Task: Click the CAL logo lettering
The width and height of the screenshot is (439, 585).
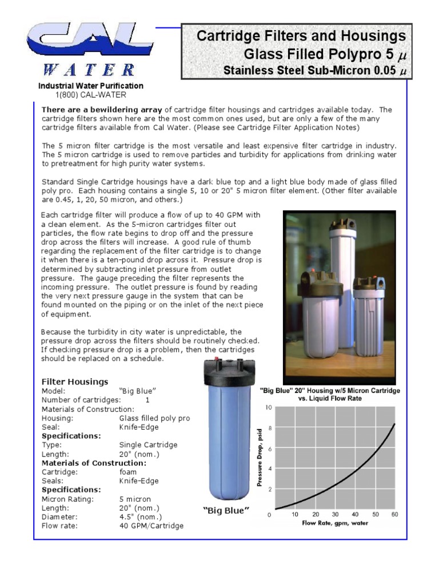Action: [x=89, y=43]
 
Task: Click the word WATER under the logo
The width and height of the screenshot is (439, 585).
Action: [x=89, y=70]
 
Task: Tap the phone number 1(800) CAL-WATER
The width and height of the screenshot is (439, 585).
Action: [x=90, y=95]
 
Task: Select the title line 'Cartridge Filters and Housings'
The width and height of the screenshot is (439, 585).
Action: [x=301, y=37]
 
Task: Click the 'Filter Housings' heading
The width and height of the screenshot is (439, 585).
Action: [x=75, y=382]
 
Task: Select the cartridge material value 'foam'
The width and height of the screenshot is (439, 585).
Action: [x=128, y=472]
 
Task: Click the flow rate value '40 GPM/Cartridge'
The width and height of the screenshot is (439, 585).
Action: [x=151, y=526]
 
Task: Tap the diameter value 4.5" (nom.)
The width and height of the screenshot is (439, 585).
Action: [x=141, y=516]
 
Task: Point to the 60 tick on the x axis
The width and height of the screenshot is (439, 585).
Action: [x=394, y=515]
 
